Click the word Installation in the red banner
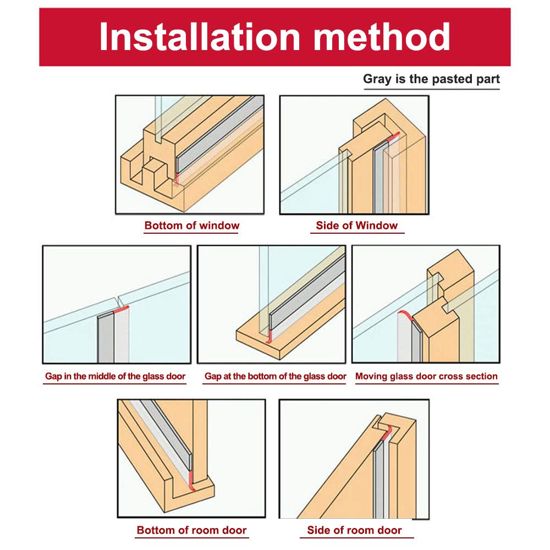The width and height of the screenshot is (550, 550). pos(200,36)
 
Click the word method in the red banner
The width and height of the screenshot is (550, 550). pos(382,36)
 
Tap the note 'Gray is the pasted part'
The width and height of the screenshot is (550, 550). pos(431,79)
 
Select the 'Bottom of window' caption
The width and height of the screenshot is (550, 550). pos(192,225)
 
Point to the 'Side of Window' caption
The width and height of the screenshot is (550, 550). pos(357,225)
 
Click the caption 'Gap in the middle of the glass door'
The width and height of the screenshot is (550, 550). pos(115,376)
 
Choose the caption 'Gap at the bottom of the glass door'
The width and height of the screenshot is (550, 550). pos(276,376)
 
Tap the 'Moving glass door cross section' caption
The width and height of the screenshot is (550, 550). pos(427,376)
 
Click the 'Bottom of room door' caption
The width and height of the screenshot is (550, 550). pos(191,530)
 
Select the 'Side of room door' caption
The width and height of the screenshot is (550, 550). pos(354,530)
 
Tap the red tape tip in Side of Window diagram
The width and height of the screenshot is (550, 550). pos(394,135)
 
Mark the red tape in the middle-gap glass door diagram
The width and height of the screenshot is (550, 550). pos(122,309)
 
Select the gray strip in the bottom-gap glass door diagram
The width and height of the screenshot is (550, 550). pos(307,293)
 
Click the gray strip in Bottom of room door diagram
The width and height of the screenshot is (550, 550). pos(167,435)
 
